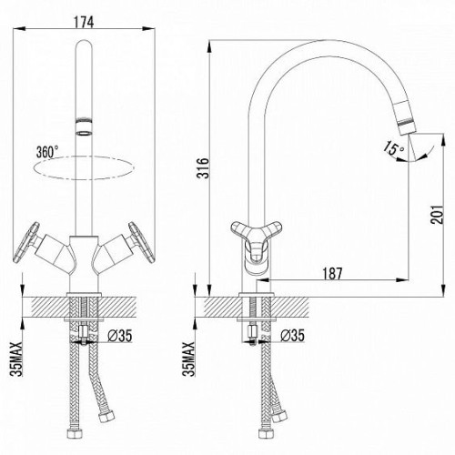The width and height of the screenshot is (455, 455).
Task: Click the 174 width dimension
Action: (84, 22)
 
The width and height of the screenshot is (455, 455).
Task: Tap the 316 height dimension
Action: (203, 167)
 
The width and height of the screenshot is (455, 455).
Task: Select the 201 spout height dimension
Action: (438, 215)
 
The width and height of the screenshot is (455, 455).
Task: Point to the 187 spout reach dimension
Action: (332, 273)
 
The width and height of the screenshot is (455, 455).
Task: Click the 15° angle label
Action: (393, 148)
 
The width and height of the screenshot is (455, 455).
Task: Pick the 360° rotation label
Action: (47, 152)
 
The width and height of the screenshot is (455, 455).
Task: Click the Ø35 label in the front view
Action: (120, 336)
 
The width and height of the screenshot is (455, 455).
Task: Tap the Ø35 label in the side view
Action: (292, 336)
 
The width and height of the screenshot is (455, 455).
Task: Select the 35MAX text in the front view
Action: (17, 359)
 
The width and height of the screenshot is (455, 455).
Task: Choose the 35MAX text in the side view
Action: (188, 359)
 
